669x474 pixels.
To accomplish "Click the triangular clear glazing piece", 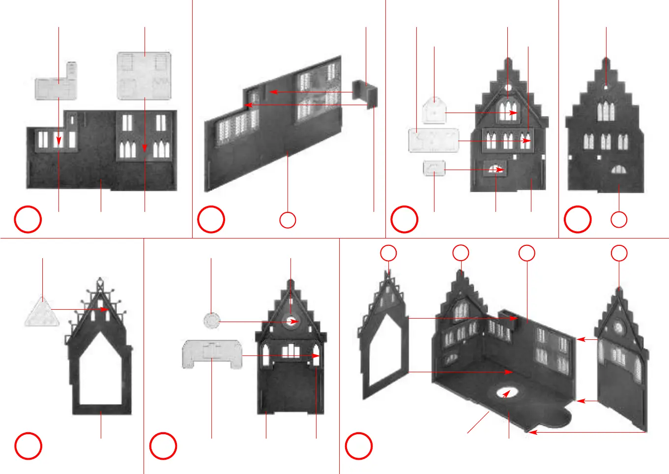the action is click(42, 313).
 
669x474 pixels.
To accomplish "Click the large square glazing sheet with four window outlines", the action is click(144, 76).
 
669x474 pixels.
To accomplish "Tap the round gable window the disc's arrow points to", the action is click(291, 322).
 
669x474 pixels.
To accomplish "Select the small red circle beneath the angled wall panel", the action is click(288, 220).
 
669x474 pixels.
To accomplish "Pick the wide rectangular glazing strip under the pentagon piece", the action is click(434, 141).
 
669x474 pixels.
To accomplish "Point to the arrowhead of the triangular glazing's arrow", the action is click(105, 309).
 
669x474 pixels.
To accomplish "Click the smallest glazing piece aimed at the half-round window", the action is click(434, 168).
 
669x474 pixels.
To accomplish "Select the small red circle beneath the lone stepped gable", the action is click(619, 219).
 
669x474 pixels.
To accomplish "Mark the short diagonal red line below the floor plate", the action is click(478, 422).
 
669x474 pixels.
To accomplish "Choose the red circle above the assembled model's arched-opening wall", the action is click(388, 253).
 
